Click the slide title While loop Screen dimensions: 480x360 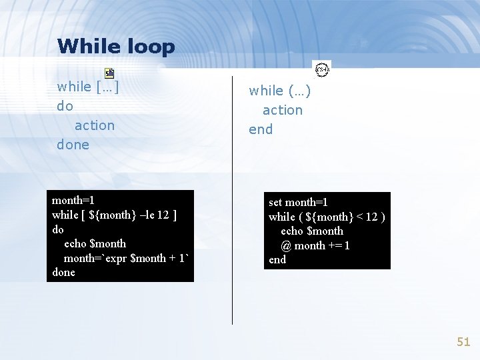pyautogui.click(x=116, y=47)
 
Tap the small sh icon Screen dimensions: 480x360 pyautogui.click(x=109, y=73)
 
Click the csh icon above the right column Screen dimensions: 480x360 pyautogui.click(x=322, y=69)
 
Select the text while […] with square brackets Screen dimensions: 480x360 pyautogui.click(x=88, y=87)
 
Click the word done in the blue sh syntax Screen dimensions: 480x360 pyautogui.click(x=73, y=145)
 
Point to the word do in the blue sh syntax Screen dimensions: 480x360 pyautogui.click(x=65, y=106)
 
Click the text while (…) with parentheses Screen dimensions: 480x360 pyautogui.click(x=279, y=91)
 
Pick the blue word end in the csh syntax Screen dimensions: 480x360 pyautogui.click(x=261, y=129)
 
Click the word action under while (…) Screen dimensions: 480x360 pyautogui.click(x=282, y=110)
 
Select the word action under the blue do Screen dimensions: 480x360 pyautogui.click(x=94, y=125)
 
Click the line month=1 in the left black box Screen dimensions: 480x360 pyautogui.click(x=73, y=200)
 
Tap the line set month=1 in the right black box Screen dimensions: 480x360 pyautogui.click(x=298, y=202)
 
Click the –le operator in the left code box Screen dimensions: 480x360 pyautogui.click(x=148, y=215)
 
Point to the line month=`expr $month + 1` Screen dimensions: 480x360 pyautogui.click(x=126, y=258)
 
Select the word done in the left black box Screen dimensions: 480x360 pyautogui.click(x=63, y=273)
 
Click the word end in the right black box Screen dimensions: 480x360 pyautogui.click(x=277, y=260)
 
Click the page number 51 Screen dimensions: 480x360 pyautogui.click(x=463, y=342)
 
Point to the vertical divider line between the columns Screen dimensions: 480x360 pyautogui.click(x=232, y=200)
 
